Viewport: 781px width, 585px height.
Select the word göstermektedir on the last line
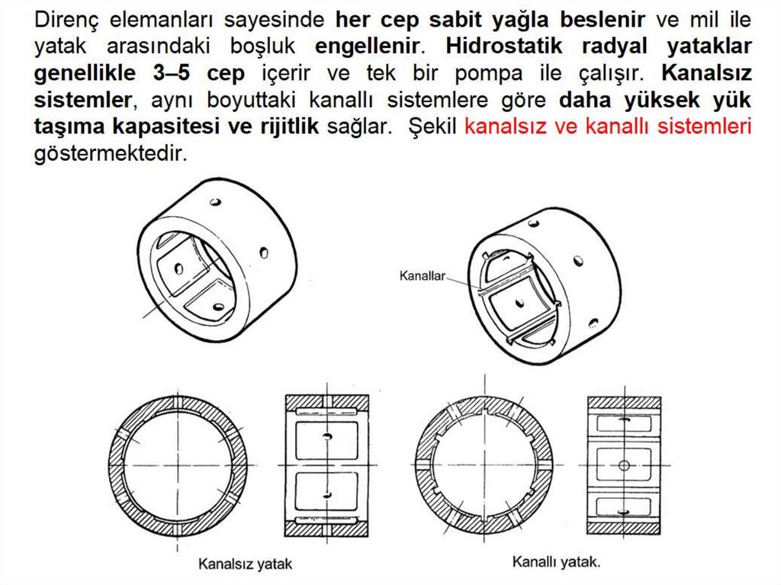point(110,154)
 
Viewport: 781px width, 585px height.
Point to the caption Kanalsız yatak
point(245,565)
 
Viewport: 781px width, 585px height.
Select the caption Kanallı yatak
point(556,563)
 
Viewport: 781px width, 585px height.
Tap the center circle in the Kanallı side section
point(623,464)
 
